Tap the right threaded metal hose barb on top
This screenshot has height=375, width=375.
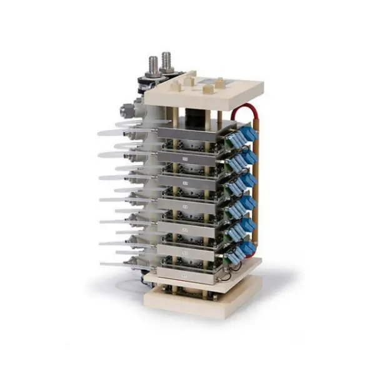pyautogui.click(x=166, y=61)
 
